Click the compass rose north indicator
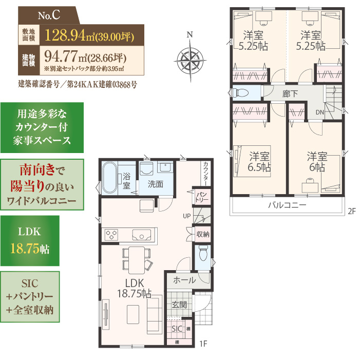point(190,35)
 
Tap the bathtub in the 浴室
point(110,178)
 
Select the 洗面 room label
point(156,184)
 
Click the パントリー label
point(202,197)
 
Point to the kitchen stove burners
point(111,235)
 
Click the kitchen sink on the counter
point(142,235)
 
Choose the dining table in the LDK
point(137,260)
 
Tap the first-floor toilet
point(203,253)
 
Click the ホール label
point(184,280)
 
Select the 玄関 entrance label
point(179,305)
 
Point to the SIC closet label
point(177,329)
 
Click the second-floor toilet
point(240,93)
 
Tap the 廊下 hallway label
point(290,93)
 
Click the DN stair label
point(320,112)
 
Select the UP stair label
point(186,216)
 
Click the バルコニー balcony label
point(287,205)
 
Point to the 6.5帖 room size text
point(259,167)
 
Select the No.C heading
point(49,15)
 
